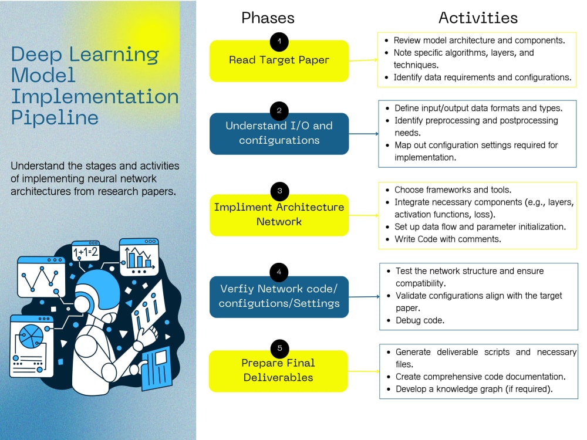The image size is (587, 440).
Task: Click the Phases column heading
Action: (268, 18)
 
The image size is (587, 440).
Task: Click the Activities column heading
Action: (478, 18)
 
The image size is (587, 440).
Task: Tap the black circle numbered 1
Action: (279, 41)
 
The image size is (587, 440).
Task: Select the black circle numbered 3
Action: (279, 191)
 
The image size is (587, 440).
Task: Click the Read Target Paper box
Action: (279, 61)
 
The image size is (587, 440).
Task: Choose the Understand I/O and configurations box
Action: (279, 134)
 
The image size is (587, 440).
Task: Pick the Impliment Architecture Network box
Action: (279, 215)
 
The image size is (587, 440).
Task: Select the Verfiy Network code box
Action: (279, 297)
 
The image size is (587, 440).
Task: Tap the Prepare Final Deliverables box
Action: (278, 371)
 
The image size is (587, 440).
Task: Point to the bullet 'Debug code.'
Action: (420, 321)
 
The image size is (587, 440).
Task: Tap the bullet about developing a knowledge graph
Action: (474, 389)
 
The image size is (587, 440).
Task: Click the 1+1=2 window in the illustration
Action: (85, 252)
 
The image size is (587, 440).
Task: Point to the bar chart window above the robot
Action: (139, 256)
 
